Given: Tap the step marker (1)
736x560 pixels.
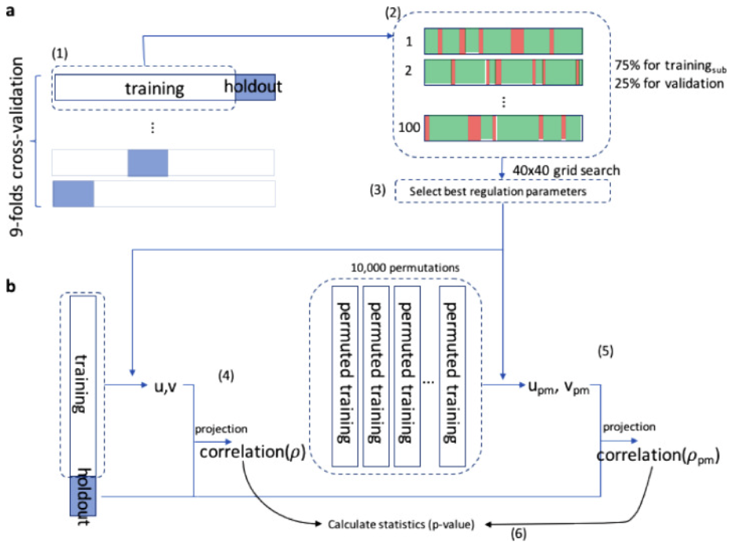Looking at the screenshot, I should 61,55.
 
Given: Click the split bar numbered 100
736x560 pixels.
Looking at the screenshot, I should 502,127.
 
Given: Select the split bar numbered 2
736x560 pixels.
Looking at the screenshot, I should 502,72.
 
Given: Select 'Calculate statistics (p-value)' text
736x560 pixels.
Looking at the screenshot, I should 401,525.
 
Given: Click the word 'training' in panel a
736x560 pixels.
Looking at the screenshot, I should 154,88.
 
